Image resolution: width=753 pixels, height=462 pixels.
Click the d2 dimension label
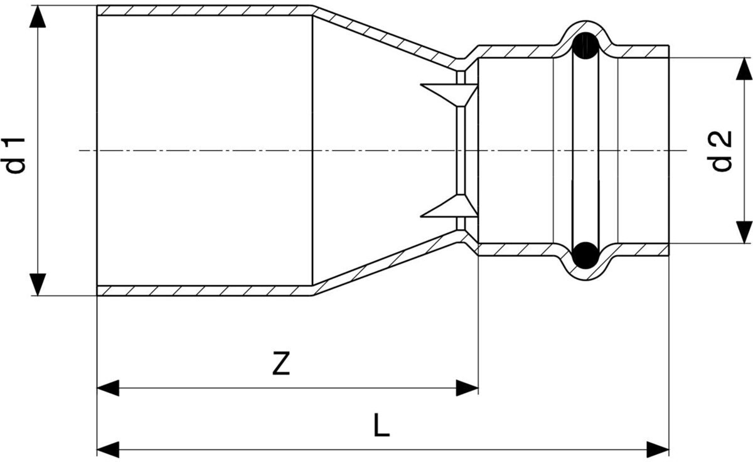pyautogui.click(x=723, y=151)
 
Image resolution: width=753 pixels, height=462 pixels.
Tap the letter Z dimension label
pyautogui.click(x=281, y=365)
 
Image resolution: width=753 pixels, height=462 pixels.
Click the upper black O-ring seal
pyautogui.click(x=586, y=46)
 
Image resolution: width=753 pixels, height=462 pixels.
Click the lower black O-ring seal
pyautogui.click(x=586, y=255)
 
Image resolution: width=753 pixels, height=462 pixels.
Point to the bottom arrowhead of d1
pyautogui.click(x=38, y=284)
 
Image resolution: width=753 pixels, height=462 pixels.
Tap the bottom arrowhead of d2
pyautogui.click(x=744, y=232)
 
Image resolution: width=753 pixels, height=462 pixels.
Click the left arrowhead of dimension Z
pyautogui.click(x=108, y=388)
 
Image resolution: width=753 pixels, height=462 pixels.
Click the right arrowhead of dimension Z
pyautogui.click(x=467, y=388)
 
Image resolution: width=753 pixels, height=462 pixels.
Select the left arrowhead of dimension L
pyautogui.click(x=108, y=449)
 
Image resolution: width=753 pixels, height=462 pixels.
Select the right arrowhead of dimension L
pyautogui.click(x=658, y=449)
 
